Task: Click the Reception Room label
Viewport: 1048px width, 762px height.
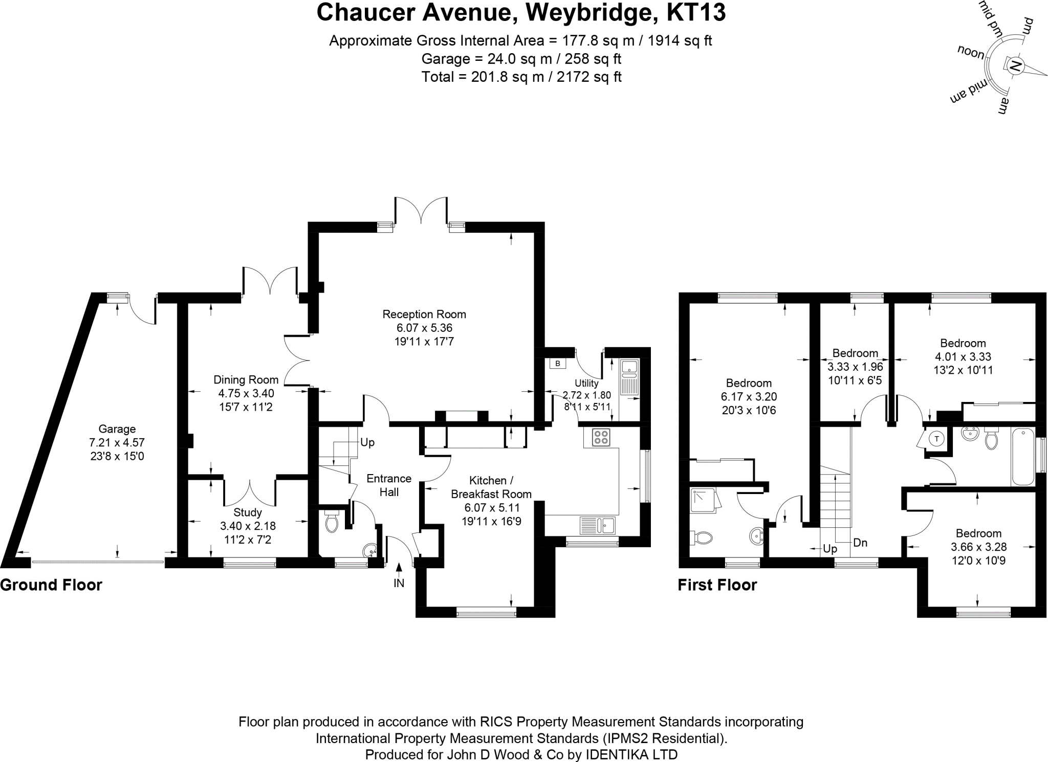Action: click(424, 314)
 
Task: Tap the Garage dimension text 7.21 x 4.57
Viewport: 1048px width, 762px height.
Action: click(117, 442)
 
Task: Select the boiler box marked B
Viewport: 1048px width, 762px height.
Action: click(558, 364)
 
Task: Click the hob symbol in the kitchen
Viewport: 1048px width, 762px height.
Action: click(601, 437)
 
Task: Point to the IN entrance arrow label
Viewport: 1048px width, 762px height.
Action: click(399, 583)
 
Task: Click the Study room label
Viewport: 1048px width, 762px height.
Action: click(248, 512)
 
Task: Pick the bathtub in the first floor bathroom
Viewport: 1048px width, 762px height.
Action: click(1023, 457)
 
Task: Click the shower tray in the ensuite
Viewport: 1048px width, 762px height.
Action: click(703, 500)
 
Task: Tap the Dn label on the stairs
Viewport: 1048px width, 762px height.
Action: click(860, 543)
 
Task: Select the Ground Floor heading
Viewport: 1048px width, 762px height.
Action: click(51, 585)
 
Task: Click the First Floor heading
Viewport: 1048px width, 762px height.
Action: click(717, 585)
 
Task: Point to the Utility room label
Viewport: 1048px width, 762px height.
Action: click(586, 383)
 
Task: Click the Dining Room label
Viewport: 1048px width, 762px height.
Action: click(246, 379)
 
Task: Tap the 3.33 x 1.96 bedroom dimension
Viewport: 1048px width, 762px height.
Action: click(855, 367)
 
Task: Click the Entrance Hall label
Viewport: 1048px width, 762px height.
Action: click(389, 485)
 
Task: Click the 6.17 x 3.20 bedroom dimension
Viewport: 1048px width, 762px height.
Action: click(749, 396)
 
